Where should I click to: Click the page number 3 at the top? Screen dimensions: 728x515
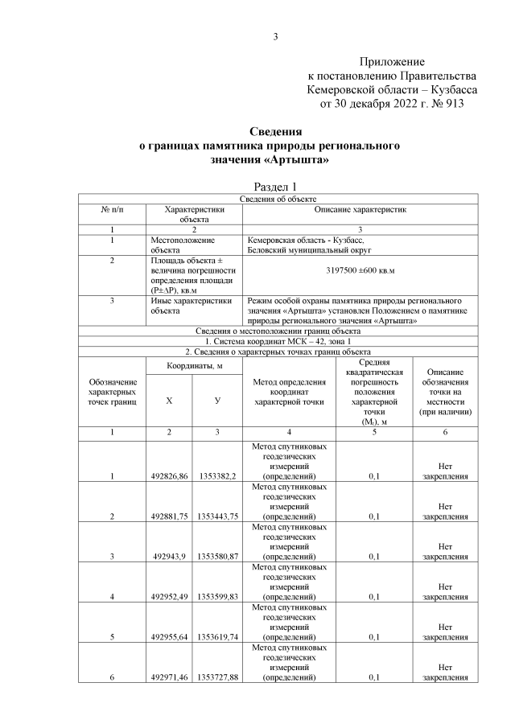pos(276,36)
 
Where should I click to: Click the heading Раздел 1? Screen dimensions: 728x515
pos(276,187)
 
